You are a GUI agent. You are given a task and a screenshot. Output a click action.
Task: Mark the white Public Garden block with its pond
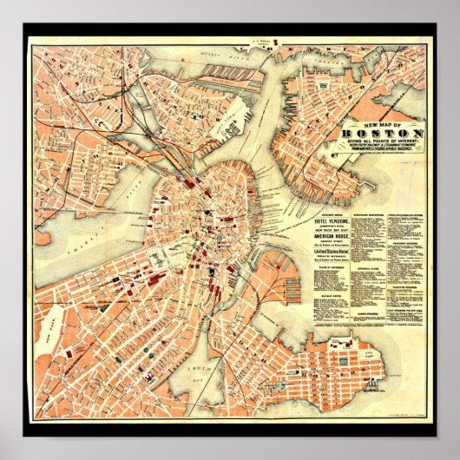point(161,258)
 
